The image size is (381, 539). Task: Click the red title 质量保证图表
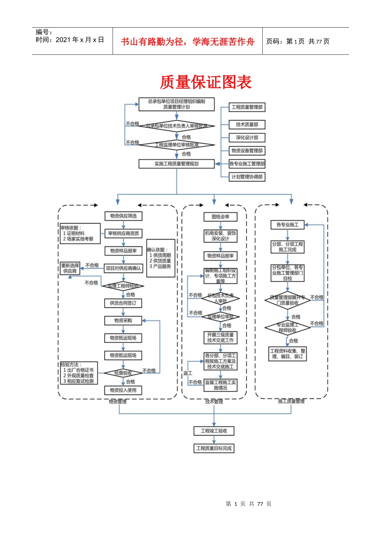[x=205, y=82]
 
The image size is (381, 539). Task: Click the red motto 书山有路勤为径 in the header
[x=187, y=42]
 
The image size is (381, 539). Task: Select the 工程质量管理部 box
[x=247, y=107]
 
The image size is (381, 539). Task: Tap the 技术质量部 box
[x=247, y=125]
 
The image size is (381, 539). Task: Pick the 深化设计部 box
[x=247, y=138]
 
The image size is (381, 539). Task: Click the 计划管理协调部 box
[x=247, y=177]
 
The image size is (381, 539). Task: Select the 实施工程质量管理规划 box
[x=176, y=164]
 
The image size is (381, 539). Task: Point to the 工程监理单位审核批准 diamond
[x=176, y=145]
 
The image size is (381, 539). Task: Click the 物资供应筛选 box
[x=124, y=216]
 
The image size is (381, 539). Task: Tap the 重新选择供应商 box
[x=70, y=268]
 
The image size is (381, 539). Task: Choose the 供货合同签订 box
[x=123, y=303]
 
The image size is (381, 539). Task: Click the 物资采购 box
[x=123, y=320]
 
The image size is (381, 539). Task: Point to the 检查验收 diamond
[x=123, y=373]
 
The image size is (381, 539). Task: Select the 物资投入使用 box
[x=123, y=390]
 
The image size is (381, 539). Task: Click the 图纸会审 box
[x=220, y=217]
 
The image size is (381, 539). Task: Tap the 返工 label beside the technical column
[x=188, y=373]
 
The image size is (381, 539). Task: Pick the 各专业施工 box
[x=288, y=225]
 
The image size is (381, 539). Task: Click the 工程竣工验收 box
[x=214, y=431]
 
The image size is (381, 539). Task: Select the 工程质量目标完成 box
[x=214, y=448]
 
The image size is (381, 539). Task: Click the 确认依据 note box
[x=160, y=258]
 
